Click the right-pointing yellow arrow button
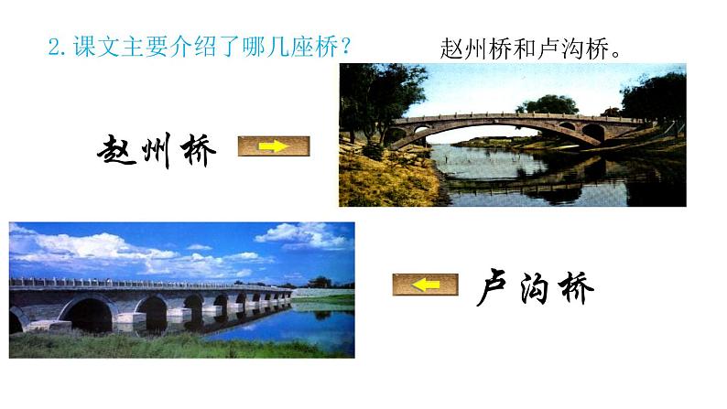(274, 146)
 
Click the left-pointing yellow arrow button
(425, 285)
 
